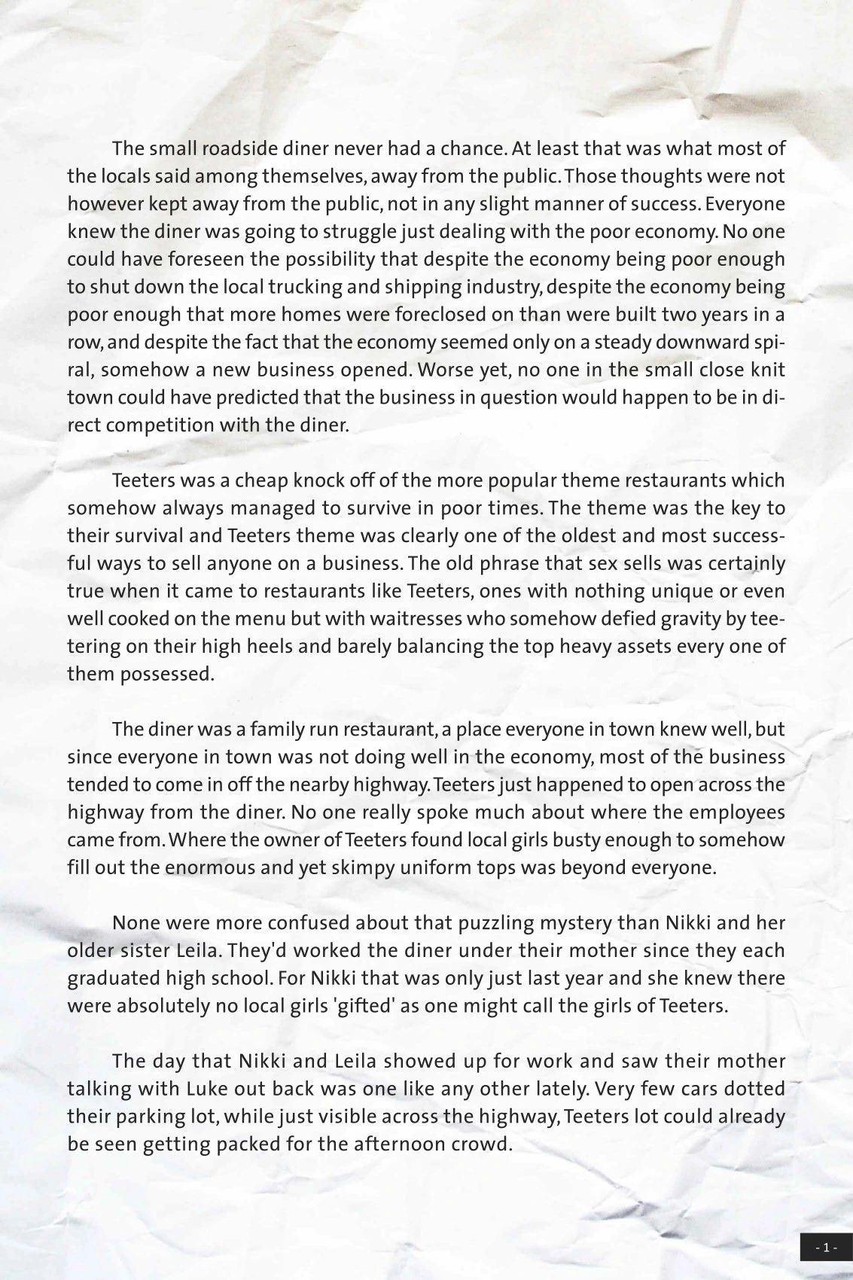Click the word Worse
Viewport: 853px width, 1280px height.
(447, 370)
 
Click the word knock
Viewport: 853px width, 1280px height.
(323, 480)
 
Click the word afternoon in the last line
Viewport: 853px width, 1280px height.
(420, 1144)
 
